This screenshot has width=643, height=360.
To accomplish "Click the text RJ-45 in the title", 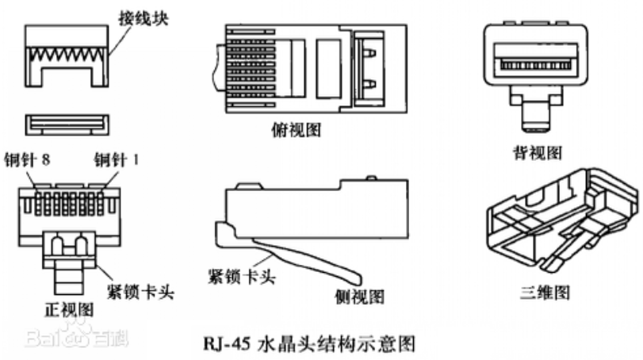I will (x=225, y=344).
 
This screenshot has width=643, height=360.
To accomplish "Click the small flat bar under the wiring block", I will (x=67, y=123).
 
